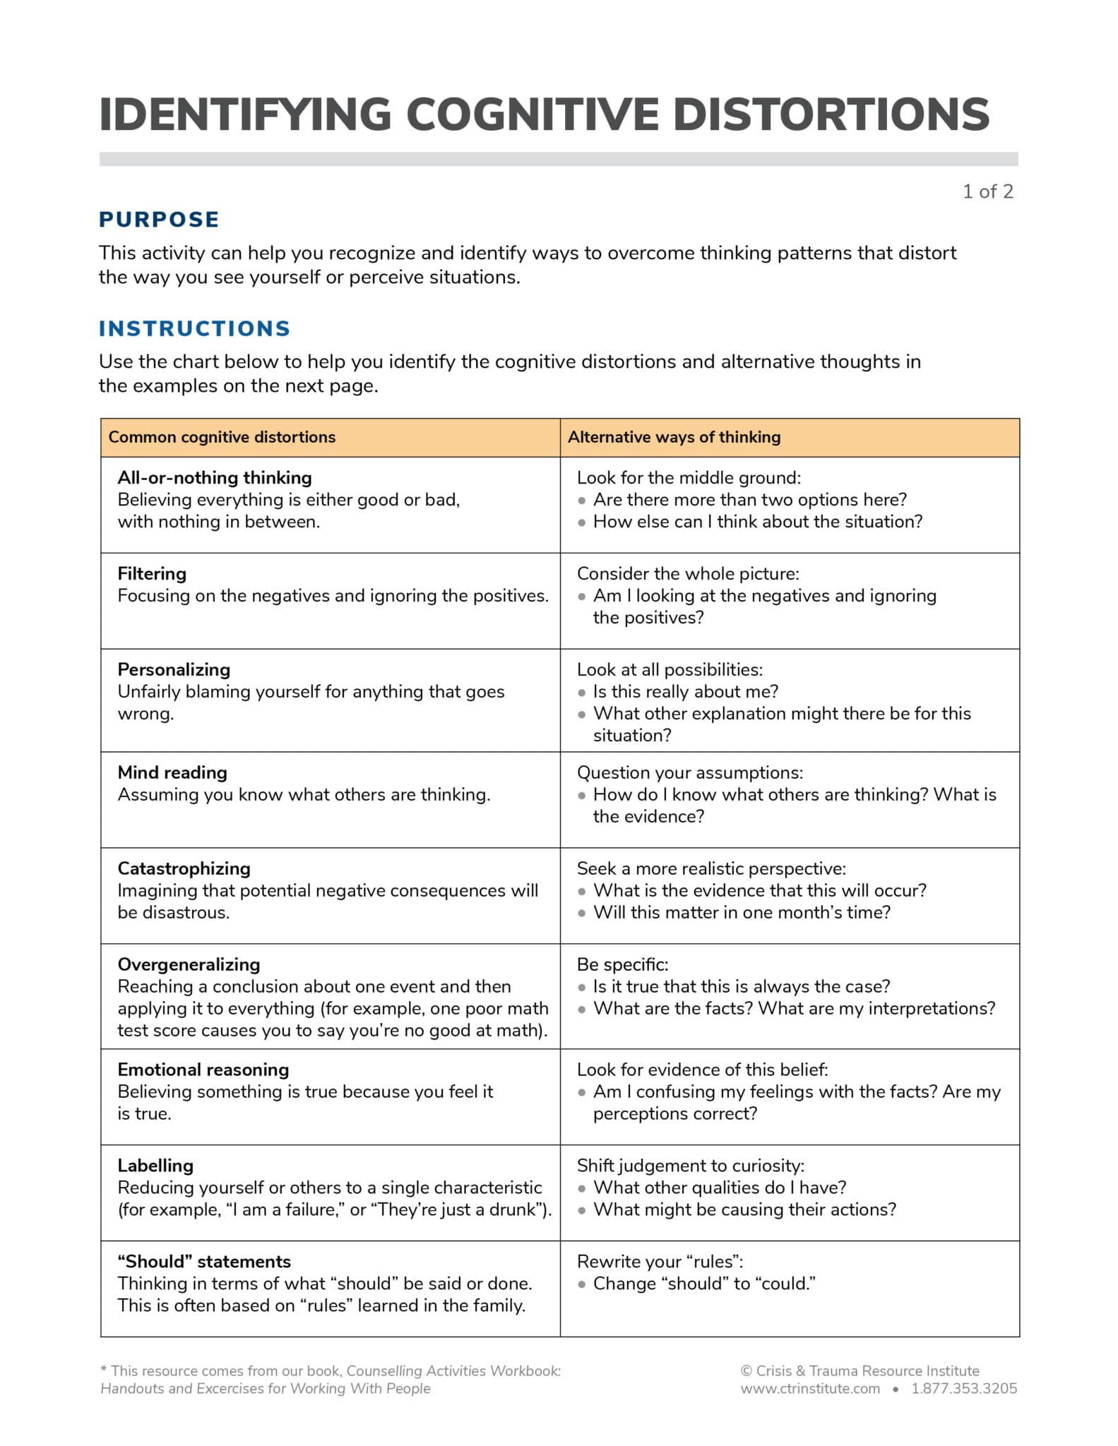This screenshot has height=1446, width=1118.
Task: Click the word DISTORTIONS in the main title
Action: pos(831,114)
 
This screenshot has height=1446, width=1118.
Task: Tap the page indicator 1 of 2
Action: pos(987,191)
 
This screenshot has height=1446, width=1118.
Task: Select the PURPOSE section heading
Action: pos(159,220)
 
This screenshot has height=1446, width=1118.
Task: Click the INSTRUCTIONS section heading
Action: pos(194,328)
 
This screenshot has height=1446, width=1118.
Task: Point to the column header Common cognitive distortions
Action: pos(222,437)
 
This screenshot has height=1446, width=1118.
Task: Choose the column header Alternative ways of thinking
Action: pos(674,437)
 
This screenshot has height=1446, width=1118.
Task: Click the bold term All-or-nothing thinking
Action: pos(214,478)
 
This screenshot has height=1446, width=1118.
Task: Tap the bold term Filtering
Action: pos(152,573)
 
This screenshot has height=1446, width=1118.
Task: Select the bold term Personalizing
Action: pos(174,669)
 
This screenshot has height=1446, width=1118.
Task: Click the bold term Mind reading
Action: pos(172,772)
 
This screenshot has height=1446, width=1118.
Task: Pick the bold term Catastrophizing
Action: pos(184,868)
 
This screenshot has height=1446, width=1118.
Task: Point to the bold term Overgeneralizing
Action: pos(189,964)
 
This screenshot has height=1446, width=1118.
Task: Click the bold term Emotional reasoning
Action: pos(203,1070)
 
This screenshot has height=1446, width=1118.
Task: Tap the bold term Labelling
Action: pos(155,1166)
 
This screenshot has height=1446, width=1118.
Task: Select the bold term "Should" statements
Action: pos(204,1262)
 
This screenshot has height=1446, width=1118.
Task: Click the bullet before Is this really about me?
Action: pos(582,693)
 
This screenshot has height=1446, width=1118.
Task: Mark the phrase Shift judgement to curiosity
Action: pos(690,1166)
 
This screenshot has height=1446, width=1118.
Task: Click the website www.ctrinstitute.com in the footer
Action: pos(810,1389)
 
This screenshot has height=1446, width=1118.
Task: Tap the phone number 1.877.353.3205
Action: pos(964,1389)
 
